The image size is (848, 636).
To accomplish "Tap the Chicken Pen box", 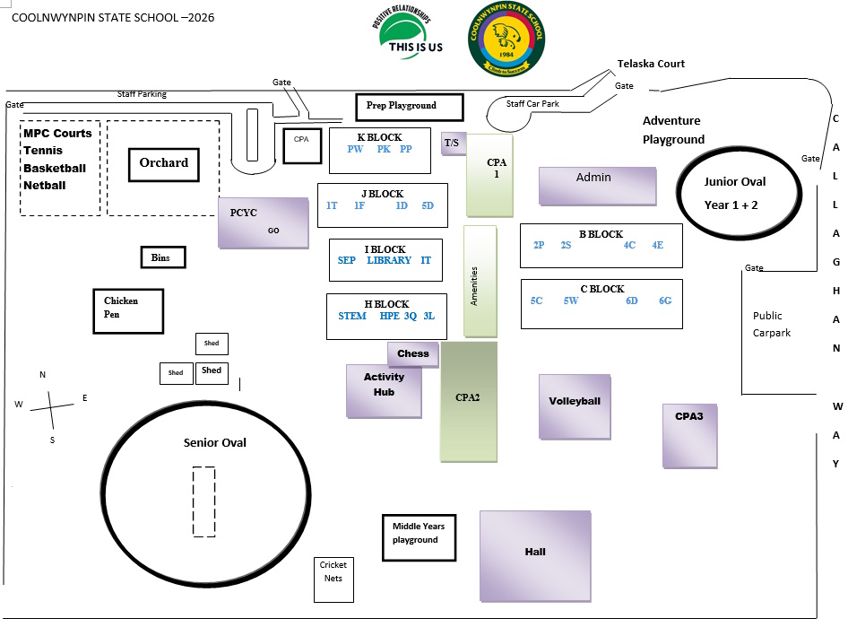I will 128,310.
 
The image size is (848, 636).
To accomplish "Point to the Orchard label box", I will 164,164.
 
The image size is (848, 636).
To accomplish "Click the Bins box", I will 162,257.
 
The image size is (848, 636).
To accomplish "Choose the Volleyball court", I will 575,406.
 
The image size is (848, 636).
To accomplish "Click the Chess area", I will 413,353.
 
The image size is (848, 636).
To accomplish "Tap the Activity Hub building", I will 384,390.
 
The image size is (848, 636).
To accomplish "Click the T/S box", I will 452,143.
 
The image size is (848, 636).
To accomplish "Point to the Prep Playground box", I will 409,107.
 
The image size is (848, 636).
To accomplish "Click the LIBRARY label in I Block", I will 389,261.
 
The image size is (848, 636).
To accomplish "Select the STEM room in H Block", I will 351,316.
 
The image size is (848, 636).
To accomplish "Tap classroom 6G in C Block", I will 665,301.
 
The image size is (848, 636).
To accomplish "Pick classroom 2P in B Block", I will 539,245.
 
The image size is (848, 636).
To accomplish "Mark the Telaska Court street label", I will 651,64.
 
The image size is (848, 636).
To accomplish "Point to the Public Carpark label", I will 767,324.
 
